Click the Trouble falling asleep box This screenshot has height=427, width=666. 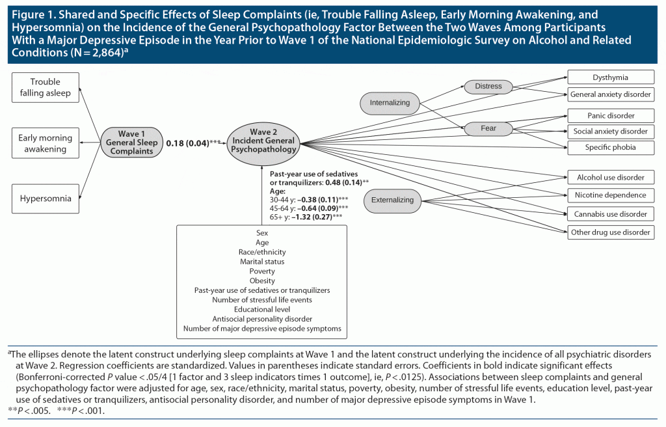[x=45, y=88]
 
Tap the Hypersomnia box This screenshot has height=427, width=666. [x=45, y=199]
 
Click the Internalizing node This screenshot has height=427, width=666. [x=390, y=103]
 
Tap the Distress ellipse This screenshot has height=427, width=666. [x=488, y=86]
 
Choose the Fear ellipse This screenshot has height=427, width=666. [x=488, y=129]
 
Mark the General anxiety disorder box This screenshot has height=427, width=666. [x=610, y=94]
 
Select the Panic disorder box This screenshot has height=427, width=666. [x=610, y=116]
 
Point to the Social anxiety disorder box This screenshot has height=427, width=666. [x=610, y=131]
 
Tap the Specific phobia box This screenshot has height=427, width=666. [x=610, y=148]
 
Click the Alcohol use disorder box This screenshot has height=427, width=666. [x=610, y=177]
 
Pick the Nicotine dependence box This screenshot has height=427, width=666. [x=610, y=195]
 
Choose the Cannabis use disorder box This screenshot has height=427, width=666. [x=610, y=214]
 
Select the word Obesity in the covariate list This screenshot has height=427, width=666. [x=261, y=281]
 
